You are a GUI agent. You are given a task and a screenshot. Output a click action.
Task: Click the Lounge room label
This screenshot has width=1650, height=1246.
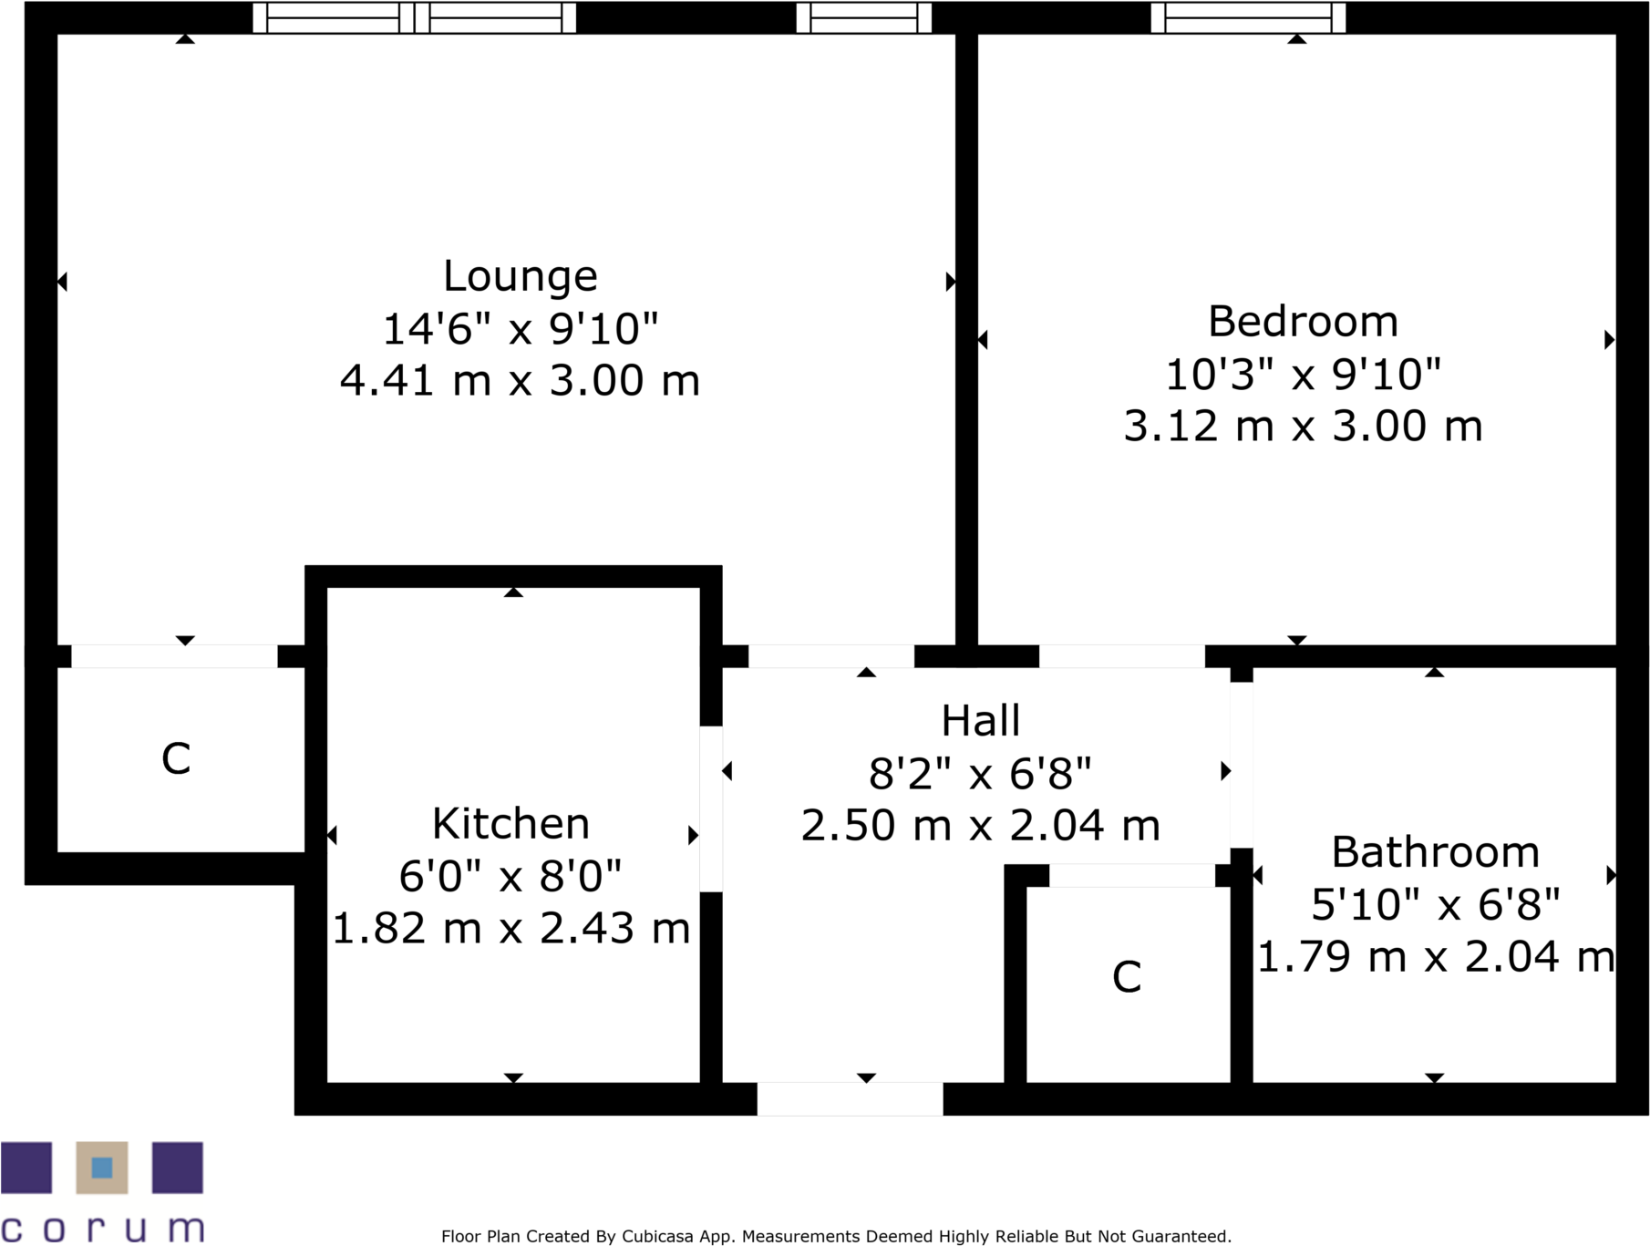[x=520, y=276]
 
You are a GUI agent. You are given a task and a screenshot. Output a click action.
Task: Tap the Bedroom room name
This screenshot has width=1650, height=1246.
[x=1302, y=322]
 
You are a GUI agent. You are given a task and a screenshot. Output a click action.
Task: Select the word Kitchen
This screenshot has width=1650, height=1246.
[x=510, y=824]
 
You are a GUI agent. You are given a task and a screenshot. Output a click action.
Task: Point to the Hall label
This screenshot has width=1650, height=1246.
[x=980, y=721]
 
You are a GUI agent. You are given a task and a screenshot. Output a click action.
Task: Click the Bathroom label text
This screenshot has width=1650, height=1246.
[x=1435, y=852]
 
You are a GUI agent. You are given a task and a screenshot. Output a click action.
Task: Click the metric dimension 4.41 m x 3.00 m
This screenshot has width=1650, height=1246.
[x=520, y=380]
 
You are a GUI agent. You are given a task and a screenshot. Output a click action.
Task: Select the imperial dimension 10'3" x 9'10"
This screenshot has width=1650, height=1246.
[x=1302, y=375]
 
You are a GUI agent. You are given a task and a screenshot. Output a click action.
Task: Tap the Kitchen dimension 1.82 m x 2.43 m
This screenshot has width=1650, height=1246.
[x=510, y=929]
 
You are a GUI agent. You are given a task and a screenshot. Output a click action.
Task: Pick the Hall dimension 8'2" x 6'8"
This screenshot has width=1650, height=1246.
[x=980, y=774]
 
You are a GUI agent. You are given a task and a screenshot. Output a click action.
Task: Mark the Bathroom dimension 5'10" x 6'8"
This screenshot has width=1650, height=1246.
[x=1435, y=905]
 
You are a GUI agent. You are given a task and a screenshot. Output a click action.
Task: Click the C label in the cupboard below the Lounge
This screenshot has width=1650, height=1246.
[x=176, y=758]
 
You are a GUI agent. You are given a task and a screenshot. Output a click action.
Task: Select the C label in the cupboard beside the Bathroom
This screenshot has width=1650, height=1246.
[x=1127, y=977]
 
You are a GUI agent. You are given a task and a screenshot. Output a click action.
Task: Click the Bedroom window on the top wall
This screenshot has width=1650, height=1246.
[x=1247, y=17]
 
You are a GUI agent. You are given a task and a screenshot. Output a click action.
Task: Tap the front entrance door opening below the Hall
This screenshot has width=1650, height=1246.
[x=850, y=1098]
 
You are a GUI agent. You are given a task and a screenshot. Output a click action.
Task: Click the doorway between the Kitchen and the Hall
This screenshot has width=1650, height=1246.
[x=711, y=808]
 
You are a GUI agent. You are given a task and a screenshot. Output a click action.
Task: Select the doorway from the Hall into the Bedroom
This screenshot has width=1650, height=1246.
[x=1121, y=656]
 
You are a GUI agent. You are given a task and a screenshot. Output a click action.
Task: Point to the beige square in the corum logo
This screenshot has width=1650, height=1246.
[x=102, y=1168]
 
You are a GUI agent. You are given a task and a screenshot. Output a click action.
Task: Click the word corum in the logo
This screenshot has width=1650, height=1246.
[x=102, y=1228]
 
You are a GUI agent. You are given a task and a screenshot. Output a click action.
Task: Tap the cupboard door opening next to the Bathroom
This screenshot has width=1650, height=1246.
[x=1132, y=875]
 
